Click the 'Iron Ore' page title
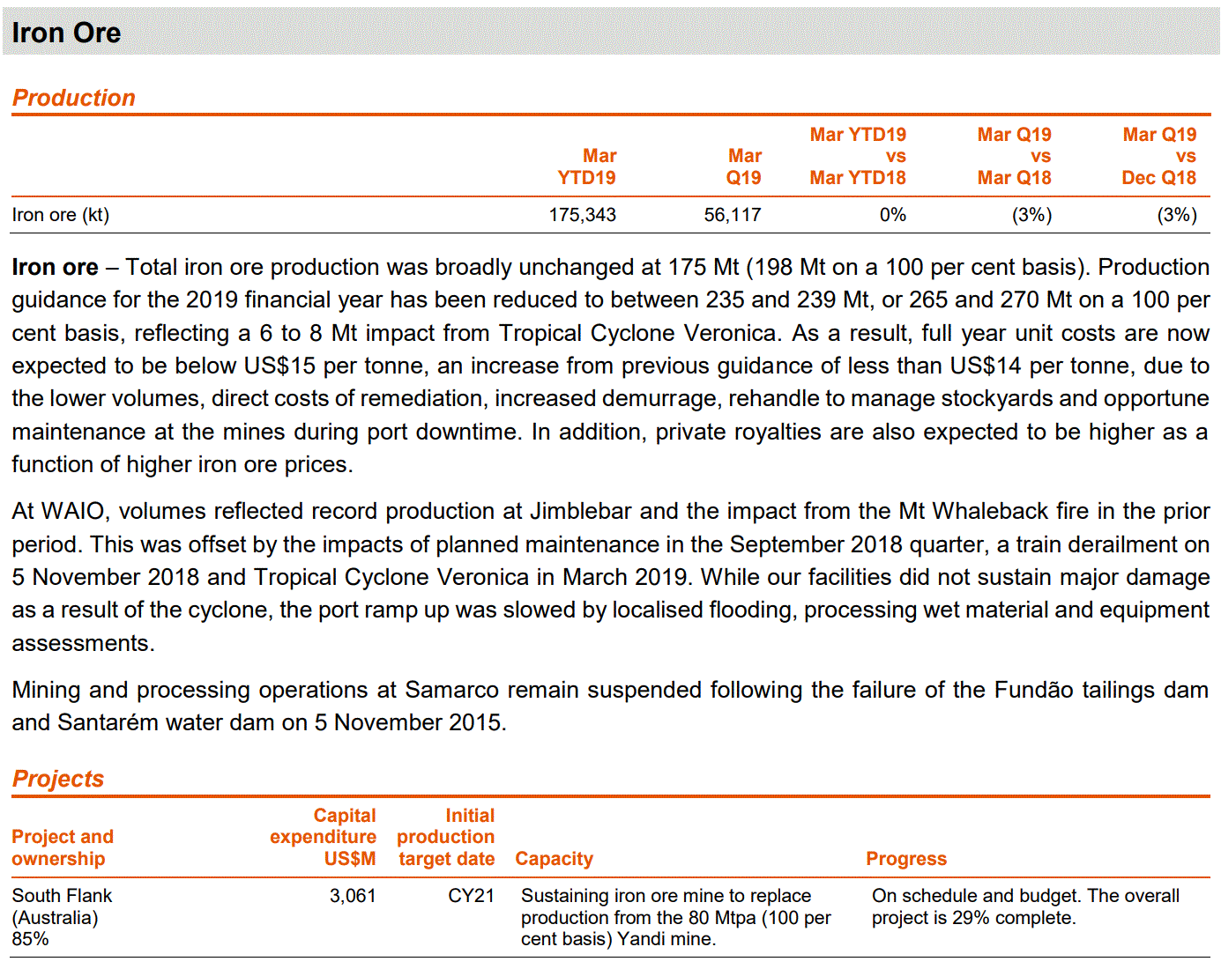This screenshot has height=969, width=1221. [66, 33]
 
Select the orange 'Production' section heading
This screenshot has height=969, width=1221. [74, 98]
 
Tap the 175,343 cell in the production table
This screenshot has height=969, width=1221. [582, 215]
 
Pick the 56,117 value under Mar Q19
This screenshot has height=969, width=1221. [732, 215]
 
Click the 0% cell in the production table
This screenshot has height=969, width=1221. [892, 215]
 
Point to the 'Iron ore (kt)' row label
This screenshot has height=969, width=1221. [61, 215]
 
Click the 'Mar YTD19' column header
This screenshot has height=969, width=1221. [587, 166]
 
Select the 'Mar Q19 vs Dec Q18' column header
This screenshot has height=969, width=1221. [1158, 157]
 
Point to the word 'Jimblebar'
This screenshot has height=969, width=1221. [580, 512]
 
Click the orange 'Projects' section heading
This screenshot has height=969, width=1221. [58, 779]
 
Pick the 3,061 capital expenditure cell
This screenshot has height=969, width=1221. [353, 896]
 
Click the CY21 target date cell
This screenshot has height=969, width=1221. [471, 896]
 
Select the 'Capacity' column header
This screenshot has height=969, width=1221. [554, 859]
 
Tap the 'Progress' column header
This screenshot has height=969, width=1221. [905, 859]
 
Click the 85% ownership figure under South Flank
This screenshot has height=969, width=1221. [31, 939]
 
